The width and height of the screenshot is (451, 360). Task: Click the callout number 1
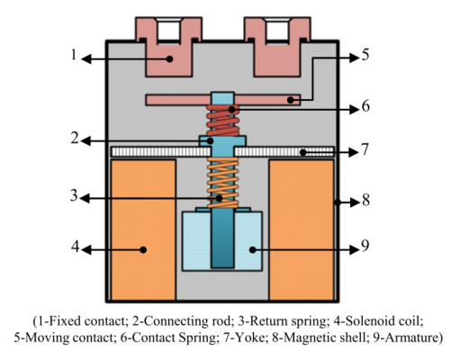(74, 55)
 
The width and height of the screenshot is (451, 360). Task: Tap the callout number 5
(365, 55)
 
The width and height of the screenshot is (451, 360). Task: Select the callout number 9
(365, 247)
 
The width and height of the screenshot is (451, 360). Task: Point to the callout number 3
(74, 195)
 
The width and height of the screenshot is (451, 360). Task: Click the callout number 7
(365, 149)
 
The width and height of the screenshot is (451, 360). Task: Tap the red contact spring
(222, 121)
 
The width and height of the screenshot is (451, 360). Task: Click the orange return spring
(223, 183)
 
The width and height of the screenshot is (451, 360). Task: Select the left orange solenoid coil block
(143, 229)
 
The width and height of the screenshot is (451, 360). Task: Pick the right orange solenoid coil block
(302, 229)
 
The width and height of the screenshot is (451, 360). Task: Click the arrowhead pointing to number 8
(355, 202)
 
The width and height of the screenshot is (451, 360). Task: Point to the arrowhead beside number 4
(86, 249)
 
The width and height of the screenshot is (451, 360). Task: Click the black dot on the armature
(253, 249)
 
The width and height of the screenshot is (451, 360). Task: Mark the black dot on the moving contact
(290, 100)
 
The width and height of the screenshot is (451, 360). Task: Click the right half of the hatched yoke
(284, 152)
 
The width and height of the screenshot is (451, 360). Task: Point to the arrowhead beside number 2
(86, 141)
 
